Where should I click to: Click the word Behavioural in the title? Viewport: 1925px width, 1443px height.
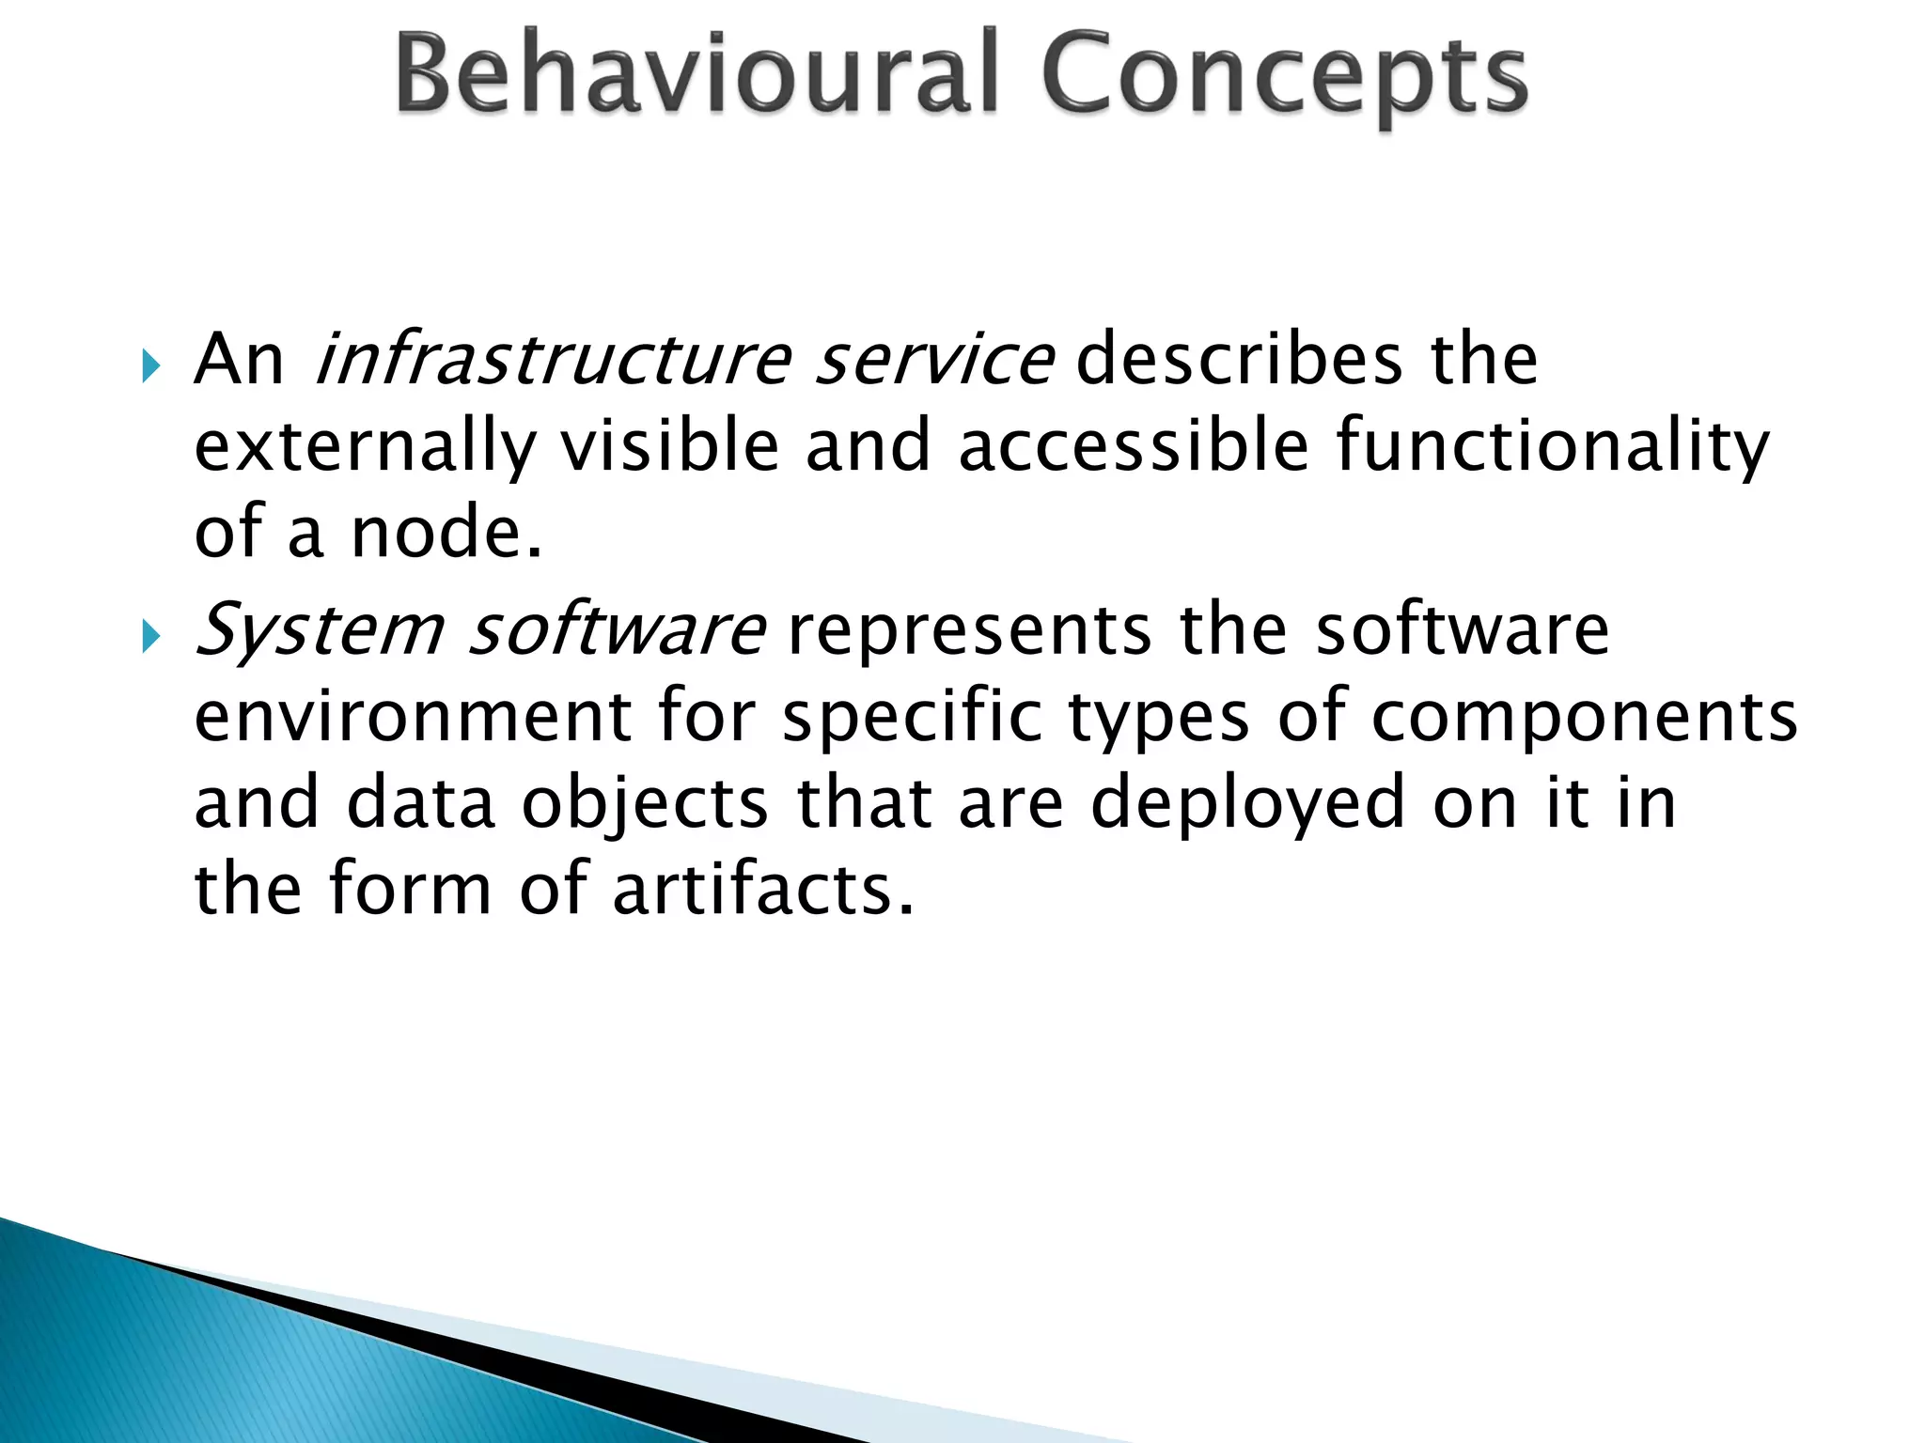(x=696, y=73)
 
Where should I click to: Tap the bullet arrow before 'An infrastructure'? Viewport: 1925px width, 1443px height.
(x=150, y=365)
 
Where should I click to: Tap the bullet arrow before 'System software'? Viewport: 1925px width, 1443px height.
(x=150, y=637)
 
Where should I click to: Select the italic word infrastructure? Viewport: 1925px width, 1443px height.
(x=554, y=360)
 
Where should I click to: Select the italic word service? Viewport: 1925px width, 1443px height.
(x=933, y=360)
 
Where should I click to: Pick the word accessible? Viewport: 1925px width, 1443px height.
(x=1134, y=446)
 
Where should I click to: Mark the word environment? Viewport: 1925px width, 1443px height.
(x=413, y=717)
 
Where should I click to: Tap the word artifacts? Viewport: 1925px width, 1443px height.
(x=762, y=889)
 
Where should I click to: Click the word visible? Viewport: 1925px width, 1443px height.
(x=670, y=446)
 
